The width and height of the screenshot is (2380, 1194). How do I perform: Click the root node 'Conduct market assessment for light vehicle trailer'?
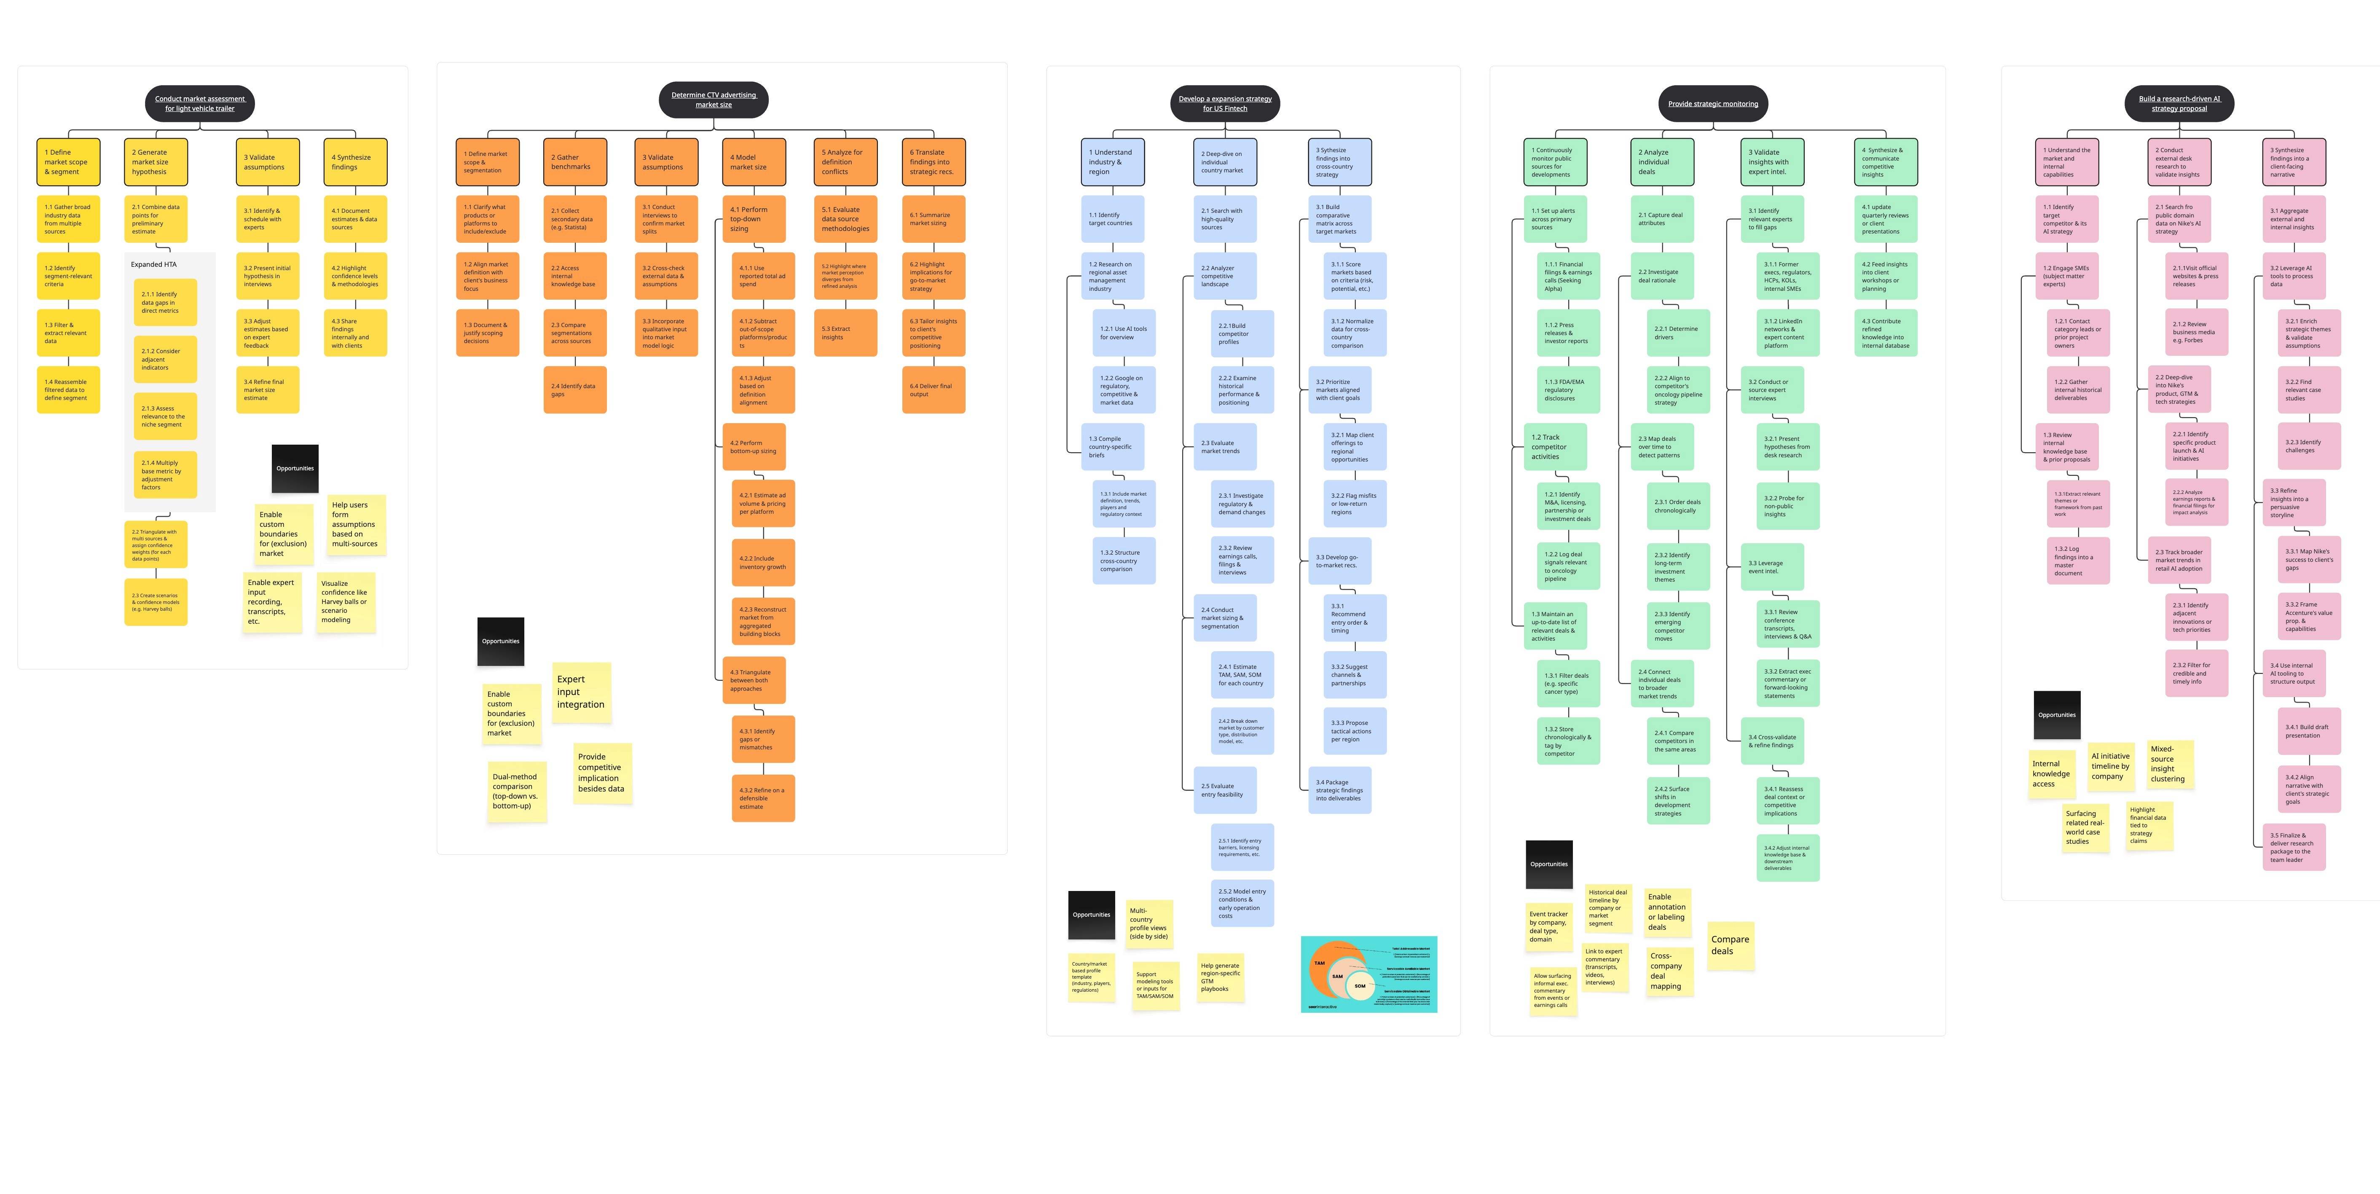pos(200,104)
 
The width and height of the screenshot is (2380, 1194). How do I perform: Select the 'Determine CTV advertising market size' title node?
pos(713,100)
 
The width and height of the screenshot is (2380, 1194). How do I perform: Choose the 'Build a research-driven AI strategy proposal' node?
pos(2179,104)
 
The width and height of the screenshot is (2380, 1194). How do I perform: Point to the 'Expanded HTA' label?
pos(153,264)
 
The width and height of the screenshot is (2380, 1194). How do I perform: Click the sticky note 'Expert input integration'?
pos(581,692)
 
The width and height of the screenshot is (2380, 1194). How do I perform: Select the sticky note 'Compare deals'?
pos(1730,945)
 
